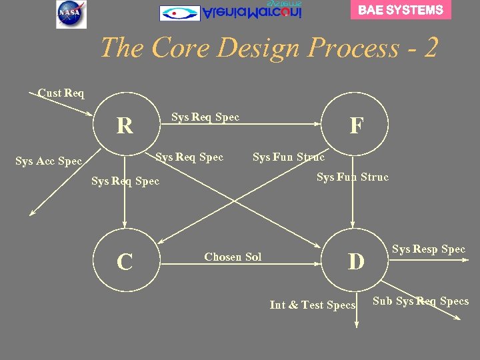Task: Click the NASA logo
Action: pyautogui.click(x=71, y=14)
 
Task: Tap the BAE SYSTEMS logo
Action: pyautogui.click(x=400, y=10)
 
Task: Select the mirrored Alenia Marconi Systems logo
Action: pyautogui.click(x=231, y=12)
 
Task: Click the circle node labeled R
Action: pyautogui.click(x=124, y=125)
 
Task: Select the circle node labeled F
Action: pyautogui.click(x=357, y=125)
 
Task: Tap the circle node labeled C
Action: pyautogui.click(x=124, y=262)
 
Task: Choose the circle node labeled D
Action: pyautogui.click(x=357, y=262)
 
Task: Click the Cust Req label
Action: pyautogui.click(x=61, y=93)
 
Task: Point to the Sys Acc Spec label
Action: pyautogui.click(x=49, y=161)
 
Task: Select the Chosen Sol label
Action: pyautogui.click(x=233, y=257)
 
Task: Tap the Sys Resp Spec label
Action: pyautogui.click(x=429, y=249)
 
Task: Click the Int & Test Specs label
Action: pyautogui.click(x=313, y=305)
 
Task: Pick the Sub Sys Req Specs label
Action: pyautogui.click(x=421, y=301)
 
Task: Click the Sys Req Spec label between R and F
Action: pyautogui.click(x=205, y=117)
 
